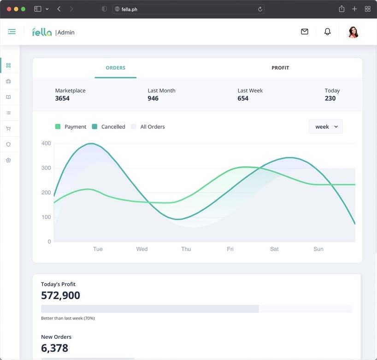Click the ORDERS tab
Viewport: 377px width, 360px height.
pos(115,68)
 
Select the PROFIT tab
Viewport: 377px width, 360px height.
pos(280,68)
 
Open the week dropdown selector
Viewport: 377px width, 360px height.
pos(326,127)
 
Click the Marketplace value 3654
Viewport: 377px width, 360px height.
pos(62,99)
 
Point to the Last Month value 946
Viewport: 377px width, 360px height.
pos(153,99)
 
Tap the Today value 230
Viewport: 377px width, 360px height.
pos(330,99)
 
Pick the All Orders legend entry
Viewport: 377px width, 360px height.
pos(148,127)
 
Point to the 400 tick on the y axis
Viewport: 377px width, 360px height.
pos(46,144)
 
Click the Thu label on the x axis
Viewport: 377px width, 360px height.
pos(186,249)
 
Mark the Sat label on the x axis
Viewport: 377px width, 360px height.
pos(274,249)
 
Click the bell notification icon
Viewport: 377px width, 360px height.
pos(328,32)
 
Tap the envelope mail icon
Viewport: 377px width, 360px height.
pos(305,32)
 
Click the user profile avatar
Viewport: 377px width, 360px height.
pos(353,32)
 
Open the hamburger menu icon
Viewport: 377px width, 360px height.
pos(12,32)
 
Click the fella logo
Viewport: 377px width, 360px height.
pos(42,32)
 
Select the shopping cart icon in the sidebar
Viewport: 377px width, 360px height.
pos(8,129)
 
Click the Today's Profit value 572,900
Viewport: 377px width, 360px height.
pos(60,296)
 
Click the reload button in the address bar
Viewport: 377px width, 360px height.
pos(260,9)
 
